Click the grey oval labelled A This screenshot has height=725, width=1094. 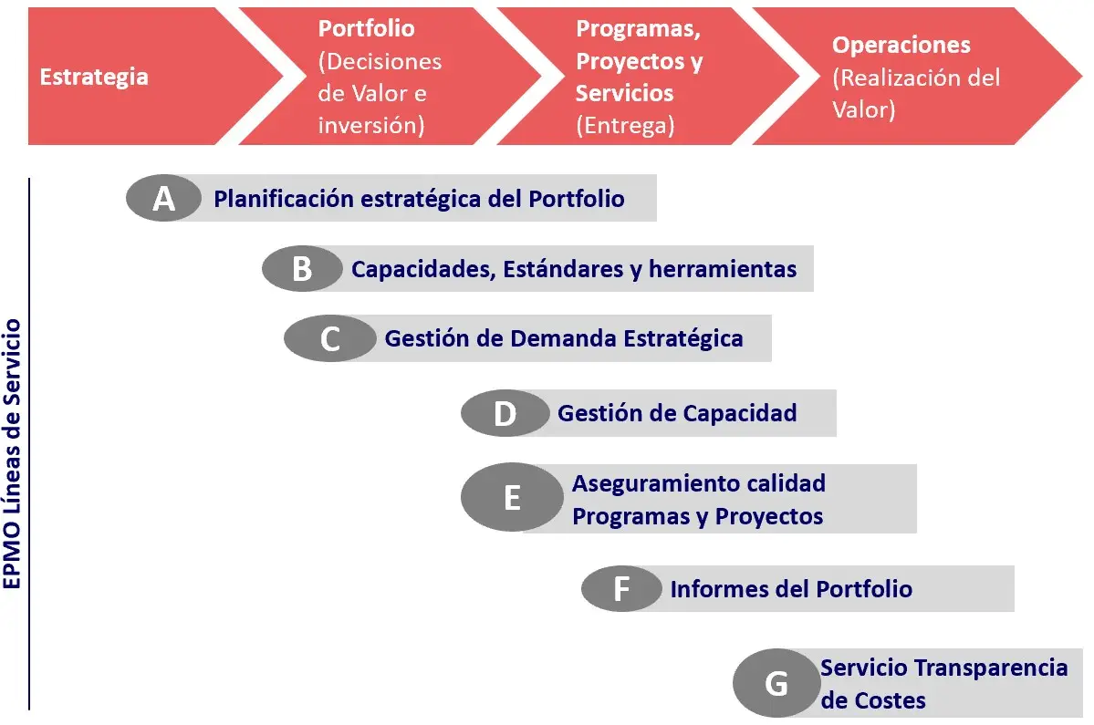tap(163, 198)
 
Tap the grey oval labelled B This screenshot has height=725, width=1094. tap(302, 269)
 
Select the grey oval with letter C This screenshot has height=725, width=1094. tap(329, 338)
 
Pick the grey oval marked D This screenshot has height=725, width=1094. tap(505, 413)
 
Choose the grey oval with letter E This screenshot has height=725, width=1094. tap(512, 498)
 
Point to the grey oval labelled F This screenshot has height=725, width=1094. tap(621, 588)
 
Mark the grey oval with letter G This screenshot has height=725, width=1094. tap(776, 683)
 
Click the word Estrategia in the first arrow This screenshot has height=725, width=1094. tap(94, 76)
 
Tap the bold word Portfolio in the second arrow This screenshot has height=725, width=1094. tap(366, 28)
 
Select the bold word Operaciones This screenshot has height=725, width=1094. tap(901, 46)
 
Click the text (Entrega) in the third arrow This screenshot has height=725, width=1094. tap(625, 126)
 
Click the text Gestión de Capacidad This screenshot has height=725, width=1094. tap(677, 413)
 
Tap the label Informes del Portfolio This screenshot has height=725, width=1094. tap(791, 588)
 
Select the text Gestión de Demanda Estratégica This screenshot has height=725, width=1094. tap(564, 338)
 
